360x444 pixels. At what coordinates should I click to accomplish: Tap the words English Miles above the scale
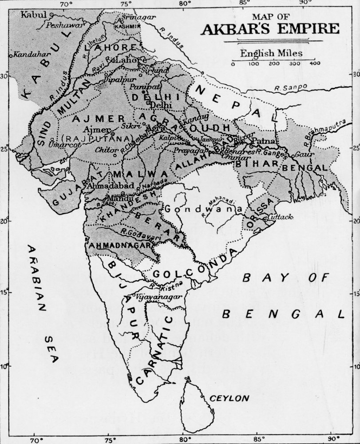point(271,53)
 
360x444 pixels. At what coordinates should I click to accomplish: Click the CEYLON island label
point(229,398)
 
